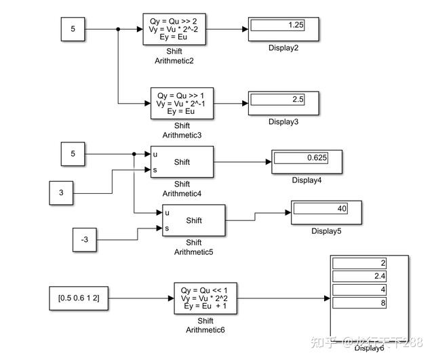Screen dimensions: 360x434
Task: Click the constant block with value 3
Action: click(x=61, y=194)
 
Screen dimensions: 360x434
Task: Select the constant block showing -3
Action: click(x=85, y=239)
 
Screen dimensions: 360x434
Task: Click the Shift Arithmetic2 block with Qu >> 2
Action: click(x=175, y=29)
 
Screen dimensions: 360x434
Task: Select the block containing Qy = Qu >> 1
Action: click(x=182, y=103)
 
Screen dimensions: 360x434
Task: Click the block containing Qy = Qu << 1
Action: click(x=205, y=298)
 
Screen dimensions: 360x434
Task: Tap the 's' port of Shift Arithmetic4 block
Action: click(x=155, y=169)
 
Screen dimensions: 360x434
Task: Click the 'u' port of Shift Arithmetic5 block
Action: click(x=167, y=212)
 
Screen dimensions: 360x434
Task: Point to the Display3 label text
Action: click(x=283, y=121)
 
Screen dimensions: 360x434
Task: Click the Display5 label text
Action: click(x=326, y=231)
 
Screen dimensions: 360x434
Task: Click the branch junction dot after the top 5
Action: click(x=119, y=29)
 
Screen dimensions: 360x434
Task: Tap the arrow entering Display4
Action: click(x=268, y=162)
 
